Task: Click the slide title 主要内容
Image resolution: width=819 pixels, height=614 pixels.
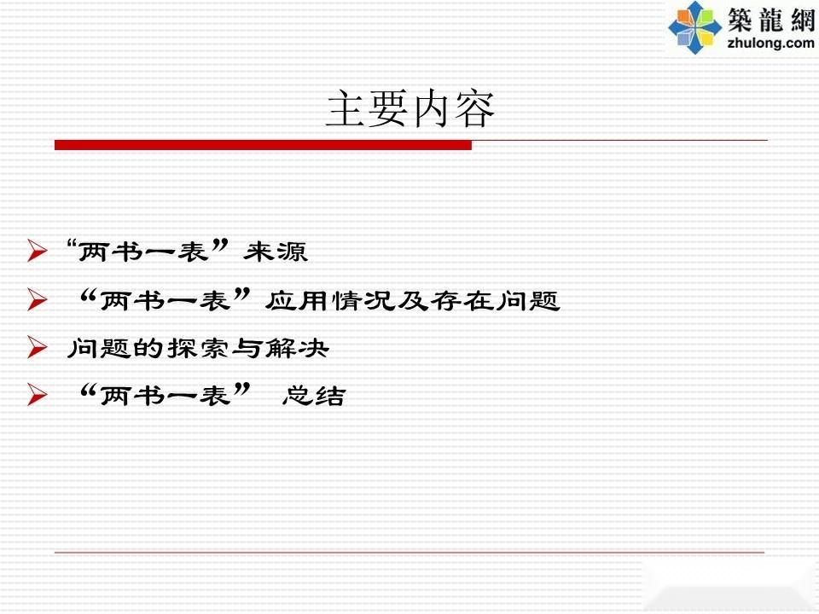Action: pyautogui.click(x=410, y=109)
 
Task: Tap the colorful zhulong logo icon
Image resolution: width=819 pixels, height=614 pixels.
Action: pyautogui.click(x=694, y=27)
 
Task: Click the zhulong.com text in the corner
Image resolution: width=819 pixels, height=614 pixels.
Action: pyautogui.click(x=770, y=43)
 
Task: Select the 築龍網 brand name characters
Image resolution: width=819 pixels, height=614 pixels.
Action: pyautogui.click(x=771, y=20)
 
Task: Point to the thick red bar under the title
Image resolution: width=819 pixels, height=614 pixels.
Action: pyautogui.click(x=264, y=145)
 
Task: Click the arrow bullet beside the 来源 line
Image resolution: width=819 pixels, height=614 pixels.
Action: pyautogui.click(x=38, y=251)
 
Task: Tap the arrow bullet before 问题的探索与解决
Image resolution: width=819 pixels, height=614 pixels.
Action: pyautogui.click(x=38, y=347)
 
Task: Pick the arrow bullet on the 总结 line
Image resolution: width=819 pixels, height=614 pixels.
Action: pyautogui.click(x=38, y=395)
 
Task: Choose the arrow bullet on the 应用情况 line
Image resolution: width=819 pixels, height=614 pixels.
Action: pyautogui.click(x=38, y=299)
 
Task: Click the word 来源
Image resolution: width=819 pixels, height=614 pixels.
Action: pyautogui.click(x=276, y=252)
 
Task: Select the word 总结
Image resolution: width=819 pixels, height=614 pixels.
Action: pyautogui.click(x=314, y=396)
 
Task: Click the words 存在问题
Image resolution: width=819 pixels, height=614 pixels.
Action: pyautogui.click(x=495, y=301)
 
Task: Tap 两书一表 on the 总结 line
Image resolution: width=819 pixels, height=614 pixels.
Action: pyautogui.click(x=165, y=396)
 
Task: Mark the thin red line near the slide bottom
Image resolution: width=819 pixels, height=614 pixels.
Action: pyautogui.click(x=409, y=552)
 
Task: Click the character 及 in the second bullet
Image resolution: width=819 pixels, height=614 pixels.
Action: pyautogui.click(x=412, y=301)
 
